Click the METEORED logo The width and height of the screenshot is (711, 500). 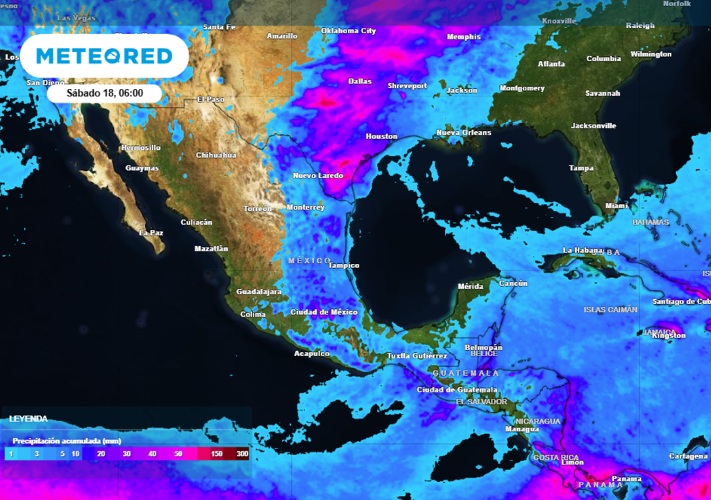click(104, 56)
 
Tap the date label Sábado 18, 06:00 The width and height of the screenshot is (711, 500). click(105, 92)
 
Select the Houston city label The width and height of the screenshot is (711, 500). click(381, 137)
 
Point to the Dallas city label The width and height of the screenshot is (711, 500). click(360, 81)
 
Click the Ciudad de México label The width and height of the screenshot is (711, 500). click(324, 312)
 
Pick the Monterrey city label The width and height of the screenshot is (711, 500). click(306, 208)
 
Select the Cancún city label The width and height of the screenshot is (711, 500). click(513, 283)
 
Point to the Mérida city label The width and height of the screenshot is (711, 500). click(471, 287)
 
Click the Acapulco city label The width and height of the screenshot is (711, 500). click(312, 354)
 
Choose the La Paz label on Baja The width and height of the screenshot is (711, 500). click(151, 233)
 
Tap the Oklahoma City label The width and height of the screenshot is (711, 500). click(348, 31)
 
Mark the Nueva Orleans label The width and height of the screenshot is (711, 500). click(463, 133)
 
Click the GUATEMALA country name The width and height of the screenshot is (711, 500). click(456, 374)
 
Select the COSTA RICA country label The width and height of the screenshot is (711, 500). click(556, 458)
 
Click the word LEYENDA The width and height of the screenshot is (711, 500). click(28, 419)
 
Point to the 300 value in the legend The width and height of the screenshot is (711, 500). click(242, 454)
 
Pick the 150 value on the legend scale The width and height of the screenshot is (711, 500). click(217, 454)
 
